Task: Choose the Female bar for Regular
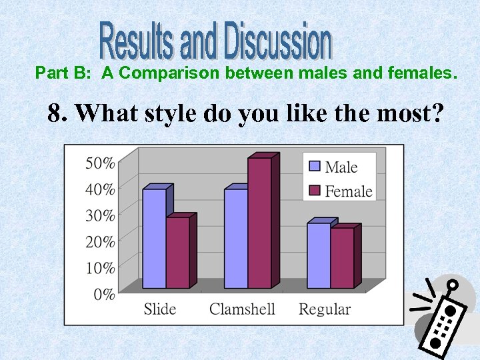click(342, 258)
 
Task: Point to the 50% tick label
click(100, 163)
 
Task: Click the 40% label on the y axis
click(100, 189)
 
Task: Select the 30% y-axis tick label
click(100, 215)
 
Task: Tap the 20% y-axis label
click(100, 241)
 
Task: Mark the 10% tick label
click(100, 267)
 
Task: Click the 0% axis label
click(104, 294)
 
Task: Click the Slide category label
click(160, 309)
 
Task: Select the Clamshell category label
click(242, 309)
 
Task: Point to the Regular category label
click(325, 309)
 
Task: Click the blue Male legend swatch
click(314, 167)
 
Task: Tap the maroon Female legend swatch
click(314, 191)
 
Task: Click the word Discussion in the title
click(277, 41)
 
